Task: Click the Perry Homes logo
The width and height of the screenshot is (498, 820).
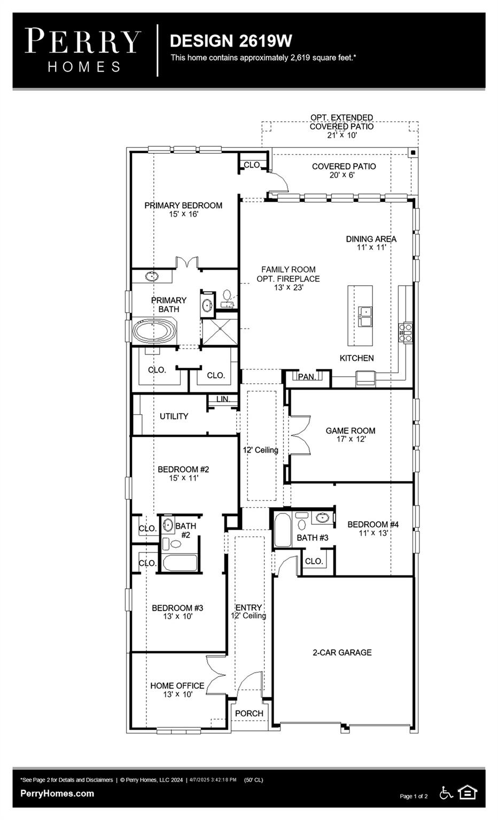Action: pyautogui.click(x=83, y=50)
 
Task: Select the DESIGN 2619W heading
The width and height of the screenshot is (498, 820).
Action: pyautogui.click(x=231, y=41)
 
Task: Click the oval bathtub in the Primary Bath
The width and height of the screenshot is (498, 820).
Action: pyautogui.click(x=154, y=331)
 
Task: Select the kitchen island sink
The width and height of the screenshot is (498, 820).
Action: pyautogui.click(x=365, y=316)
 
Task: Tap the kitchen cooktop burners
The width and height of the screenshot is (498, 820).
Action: pyautogui.click(x=405, y=332)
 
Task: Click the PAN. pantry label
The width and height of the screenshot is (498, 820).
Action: pyautogui.click(x=307, y=377)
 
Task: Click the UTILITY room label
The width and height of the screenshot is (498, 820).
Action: pyautogui.click(x=174, y=416)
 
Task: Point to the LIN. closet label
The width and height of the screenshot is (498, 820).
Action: pyautogui.click(x=223, y=399)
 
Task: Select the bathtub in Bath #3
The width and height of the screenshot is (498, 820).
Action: pyautogui.click(x=282, y=530)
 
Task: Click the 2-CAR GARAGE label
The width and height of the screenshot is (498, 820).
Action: pyautogui.click(x=342, y=652)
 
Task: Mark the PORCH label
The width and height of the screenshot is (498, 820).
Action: pyautogui.click(x=249, y=713)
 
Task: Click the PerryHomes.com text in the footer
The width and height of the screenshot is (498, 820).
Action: pyautogui.click(x=57, y=793)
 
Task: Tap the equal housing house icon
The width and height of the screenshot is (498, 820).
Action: pyautogui.click(x=468, y=792)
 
